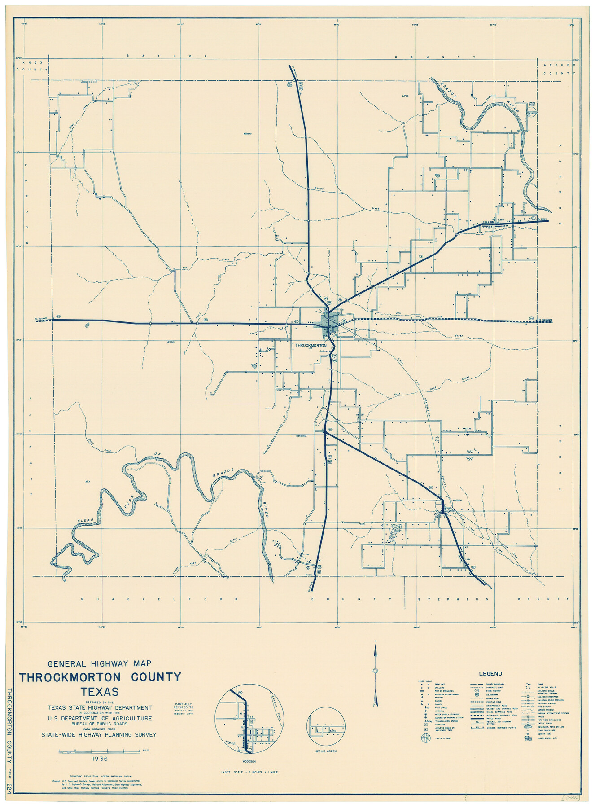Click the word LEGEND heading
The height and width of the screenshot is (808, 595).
[x=490, y=674]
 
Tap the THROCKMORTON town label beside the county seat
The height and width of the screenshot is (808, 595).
[x=311, y=345]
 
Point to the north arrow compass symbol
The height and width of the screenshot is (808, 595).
[x=376, y=671]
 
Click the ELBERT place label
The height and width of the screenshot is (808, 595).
[x=501, y=220]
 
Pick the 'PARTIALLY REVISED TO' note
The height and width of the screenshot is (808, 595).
[x=182, y=703]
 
